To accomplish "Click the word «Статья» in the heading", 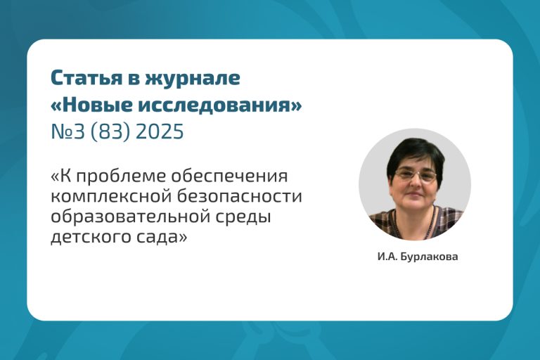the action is [x=86, y=78].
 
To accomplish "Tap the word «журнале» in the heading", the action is [x=192, y=78].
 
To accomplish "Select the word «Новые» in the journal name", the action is [x=98, y=104].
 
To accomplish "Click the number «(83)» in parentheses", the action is [x=110, y=132].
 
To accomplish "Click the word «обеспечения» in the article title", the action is [x=229, y=177].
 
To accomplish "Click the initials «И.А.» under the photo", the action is [x=388, y=257].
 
